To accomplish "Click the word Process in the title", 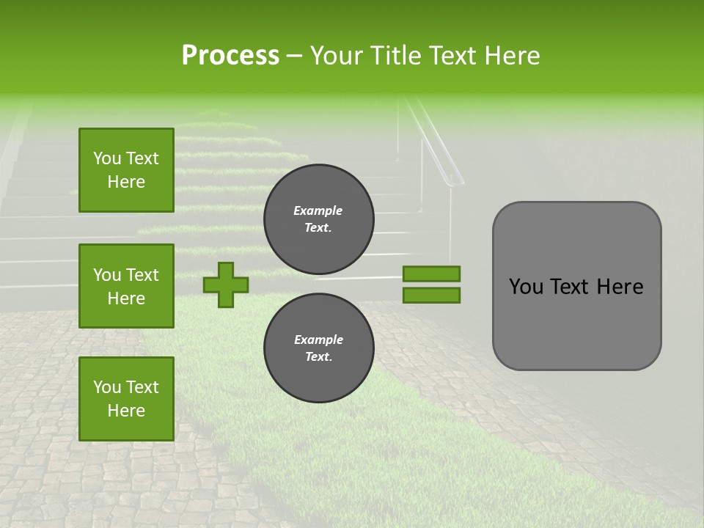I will pyautogui.click(x=230, y=56).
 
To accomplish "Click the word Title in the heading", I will pyautogui.click(x=393, y=56).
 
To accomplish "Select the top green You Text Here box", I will pyautogui.click(x=126, y=170).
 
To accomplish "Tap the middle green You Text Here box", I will pyautogui.click(x=126, y=286).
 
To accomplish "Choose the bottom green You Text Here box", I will pyautogui.click(x=126, y=399).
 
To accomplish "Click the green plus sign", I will pyautogui.click(x=226, y=285).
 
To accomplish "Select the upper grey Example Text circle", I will pyautogui.click(x=318, y=219).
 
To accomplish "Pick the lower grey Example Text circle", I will pyautogui.click(x=318, y=348).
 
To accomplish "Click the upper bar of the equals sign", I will pyautogui.click(x=431, y=274).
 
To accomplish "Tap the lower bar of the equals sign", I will pyautogui.click(x=431, y=295).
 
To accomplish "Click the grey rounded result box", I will pyautogui.click(x=576, y=323).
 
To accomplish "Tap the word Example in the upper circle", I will pyautogui.click(x=318, y=210).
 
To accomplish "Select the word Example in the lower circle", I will pyautogui.click(x=318, y=340).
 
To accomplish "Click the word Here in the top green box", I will pyautogui.click(x=126, y=182).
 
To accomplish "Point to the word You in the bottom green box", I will pyautogui.click(x=106, y=387).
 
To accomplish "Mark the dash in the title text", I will pyautogui.click(x=294, y=56).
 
